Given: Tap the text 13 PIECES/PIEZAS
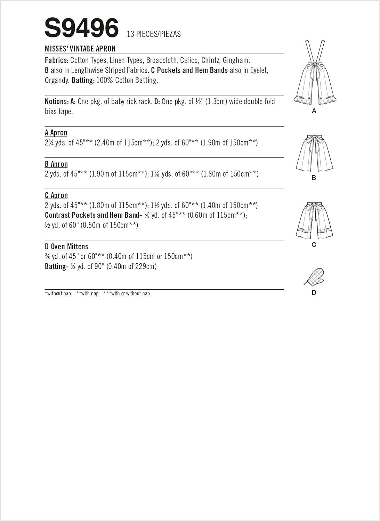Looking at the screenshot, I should point(154,34).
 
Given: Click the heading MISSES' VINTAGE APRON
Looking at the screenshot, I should point(80,49).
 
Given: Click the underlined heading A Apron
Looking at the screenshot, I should point(56,133).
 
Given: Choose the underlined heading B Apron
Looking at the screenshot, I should point(56,164).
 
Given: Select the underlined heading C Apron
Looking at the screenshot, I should point(56,195).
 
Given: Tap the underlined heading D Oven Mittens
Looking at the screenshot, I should point(66,247).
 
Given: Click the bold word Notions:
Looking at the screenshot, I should point(57,101).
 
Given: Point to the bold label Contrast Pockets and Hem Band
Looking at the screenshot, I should point(92,215).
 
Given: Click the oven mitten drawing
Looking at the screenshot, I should point(314,277).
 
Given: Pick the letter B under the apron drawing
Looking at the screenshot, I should point(314,178).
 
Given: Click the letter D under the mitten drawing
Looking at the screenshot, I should point(314,292).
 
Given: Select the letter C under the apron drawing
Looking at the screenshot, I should point(314,245).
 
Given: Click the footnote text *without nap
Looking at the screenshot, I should point(58,293).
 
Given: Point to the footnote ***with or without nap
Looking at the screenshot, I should point(127,293).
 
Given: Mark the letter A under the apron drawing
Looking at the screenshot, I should point(314,111).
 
